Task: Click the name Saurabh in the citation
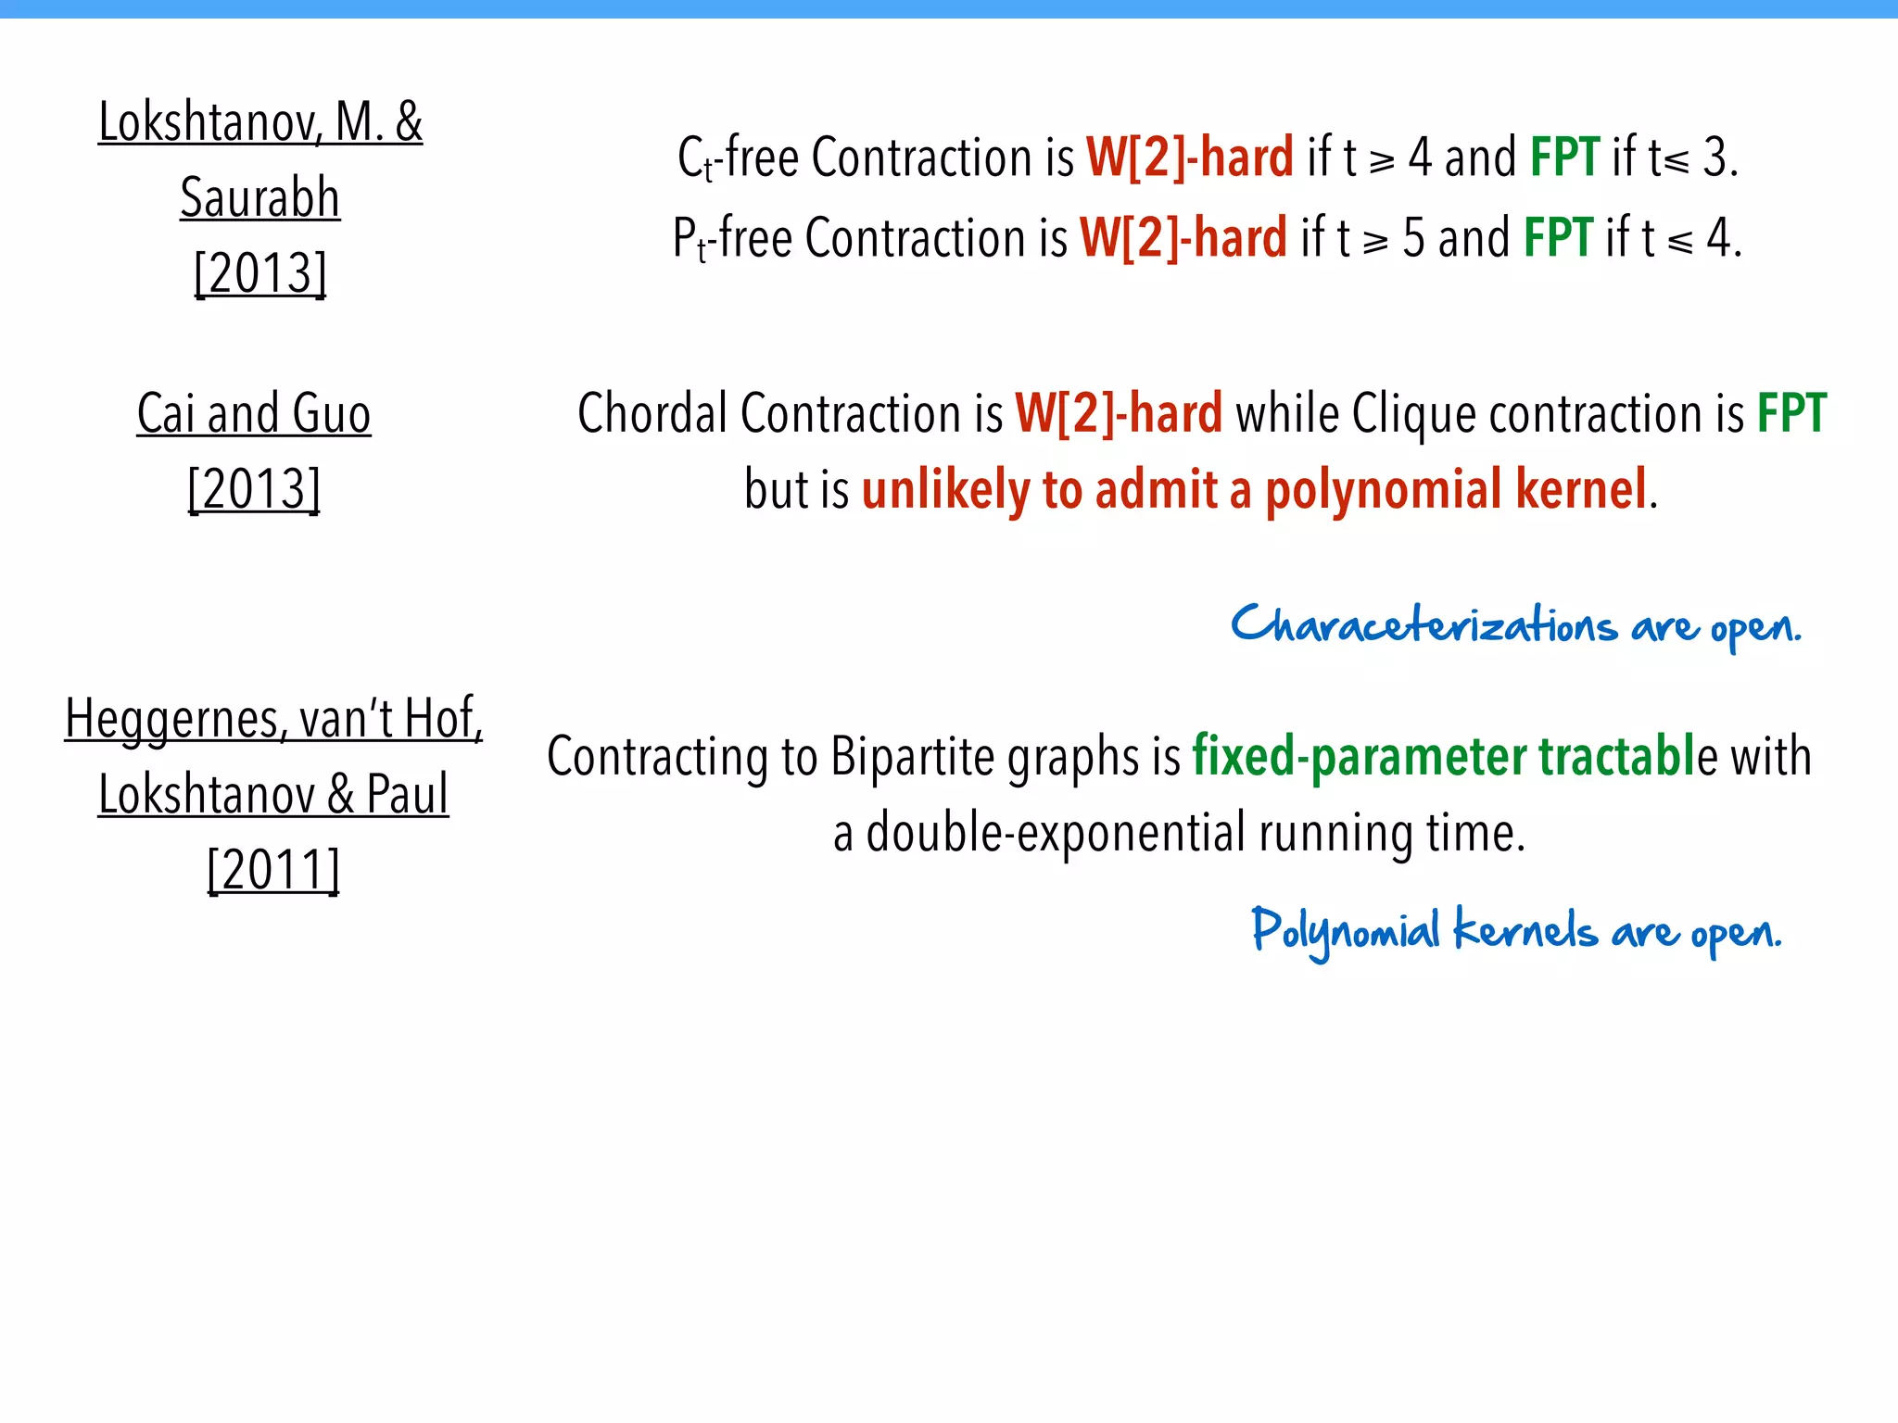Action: [x=260, y=197]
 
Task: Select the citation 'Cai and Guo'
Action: [x=254, y=413]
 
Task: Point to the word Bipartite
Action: [x=912, y=756]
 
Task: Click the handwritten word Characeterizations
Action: [x=1423, y=626]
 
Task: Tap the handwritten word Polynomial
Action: [x=1345, y=931]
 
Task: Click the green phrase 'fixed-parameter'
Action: [x=1359, y=756]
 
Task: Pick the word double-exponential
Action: [x=1056, y=832]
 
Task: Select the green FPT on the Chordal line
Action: [x=1791, y=413]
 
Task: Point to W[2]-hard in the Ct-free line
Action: [x=1189, y=157]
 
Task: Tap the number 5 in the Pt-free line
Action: [x=1413, y=238]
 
